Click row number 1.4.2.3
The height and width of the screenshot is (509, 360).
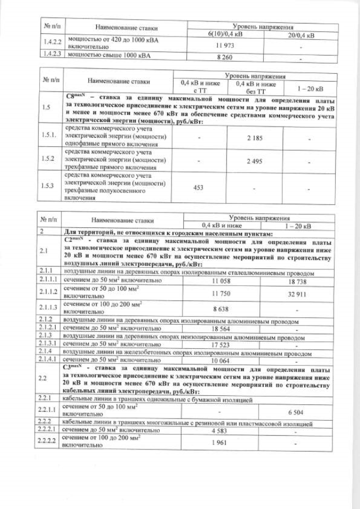[51, 55]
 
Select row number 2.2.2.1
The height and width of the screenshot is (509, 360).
[51, 430]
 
